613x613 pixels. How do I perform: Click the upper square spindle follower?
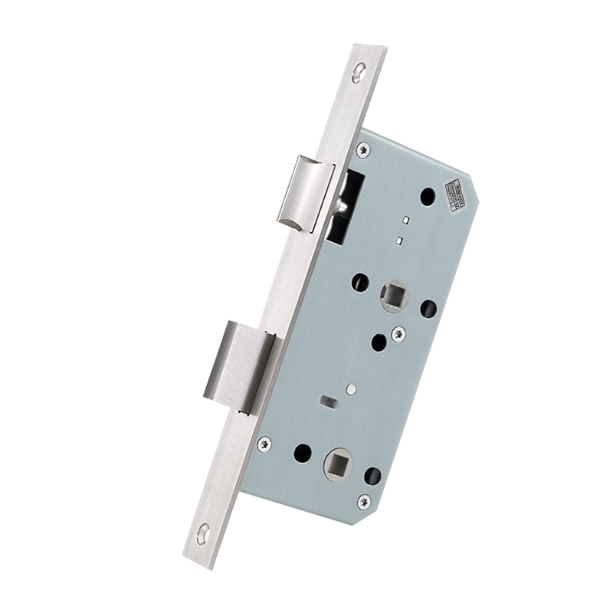[395, 293]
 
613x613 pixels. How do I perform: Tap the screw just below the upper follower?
[398, 334]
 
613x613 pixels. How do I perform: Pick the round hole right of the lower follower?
[372, 477]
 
